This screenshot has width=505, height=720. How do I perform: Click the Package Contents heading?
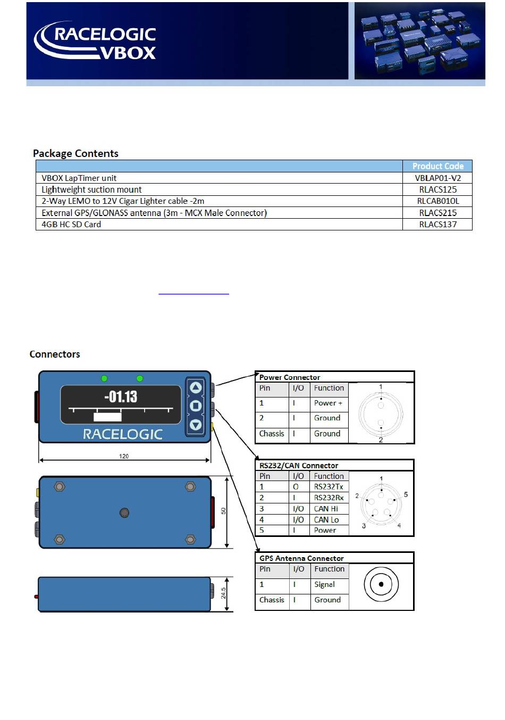tap(75, 153)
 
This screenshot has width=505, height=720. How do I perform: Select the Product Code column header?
tap(437, 166)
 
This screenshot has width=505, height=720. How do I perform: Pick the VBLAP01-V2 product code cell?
tap(437, 178)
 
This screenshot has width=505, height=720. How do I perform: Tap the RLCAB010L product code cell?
tap(437, 201)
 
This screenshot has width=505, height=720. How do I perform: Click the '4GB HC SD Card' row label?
tap(71, 224)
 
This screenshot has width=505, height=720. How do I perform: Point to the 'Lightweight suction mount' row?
tap(91, 189)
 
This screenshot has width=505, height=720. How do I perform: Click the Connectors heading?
tap(55, 354)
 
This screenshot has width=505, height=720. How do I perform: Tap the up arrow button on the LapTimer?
tap(196, 388)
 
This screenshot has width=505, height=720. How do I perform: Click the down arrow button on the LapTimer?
tap(196, 424)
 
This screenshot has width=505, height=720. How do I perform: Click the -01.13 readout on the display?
tap(121, 396)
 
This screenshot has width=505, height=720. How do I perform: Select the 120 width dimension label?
tap(124, 456)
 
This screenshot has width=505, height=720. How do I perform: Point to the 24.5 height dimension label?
tap(224, 593)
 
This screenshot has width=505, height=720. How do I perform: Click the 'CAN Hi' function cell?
tap(326, 509)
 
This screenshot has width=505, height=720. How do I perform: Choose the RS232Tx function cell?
tap(329, 486)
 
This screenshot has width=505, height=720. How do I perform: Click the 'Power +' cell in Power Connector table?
tap(328, 403)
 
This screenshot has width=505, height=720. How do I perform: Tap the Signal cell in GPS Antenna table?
tap(324, 584)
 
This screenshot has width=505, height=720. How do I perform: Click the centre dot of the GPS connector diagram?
tap(381, 584)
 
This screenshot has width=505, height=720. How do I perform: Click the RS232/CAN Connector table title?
tap(299, 466)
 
